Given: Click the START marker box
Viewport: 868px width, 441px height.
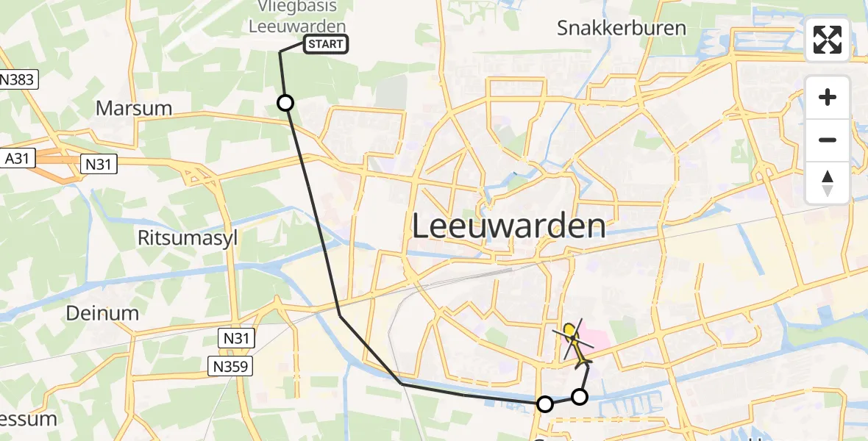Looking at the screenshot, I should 324,45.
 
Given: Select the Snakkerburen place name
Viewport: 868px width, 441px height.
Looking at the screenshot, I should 622,29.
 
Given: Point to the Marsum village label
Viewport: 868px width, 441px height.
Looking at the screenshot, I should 134,108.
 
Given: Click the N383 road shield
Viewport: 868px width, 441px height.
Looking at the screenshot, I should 18,79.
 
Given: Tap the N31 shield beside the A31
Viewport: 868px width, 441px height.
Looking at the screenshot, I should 97,164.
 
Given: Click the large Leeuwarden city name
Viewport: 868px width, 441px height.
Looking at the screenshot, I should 508,226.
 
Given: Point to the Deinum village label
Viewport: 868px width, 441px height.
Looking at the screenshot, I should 102,313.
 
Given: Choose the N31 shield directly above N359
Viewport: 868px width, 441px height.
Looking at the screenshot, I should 237,338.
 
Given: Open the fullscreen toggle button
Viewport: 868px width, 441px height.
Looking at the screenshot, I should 828,40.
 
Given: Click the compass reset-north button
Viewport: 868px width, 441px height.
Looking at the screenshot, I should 828,183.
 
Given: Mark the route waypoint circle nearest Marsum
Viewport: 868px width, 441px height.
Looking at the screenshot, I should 285,103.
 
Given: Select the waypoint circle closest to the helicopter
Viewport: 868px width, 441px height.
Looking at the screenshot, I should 580,397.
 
